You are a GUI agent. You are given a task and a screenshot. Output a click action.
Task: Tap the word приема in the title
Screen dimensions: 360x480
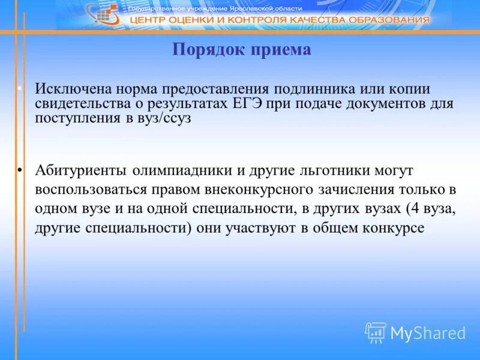pos(279,50)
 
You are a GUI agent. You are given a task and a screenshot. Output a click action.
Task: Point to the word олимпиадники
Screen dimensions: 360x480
pos(181,170)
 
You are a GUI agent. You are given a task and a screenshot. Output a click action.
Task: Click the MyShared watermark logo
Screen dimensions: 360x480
pos(415,332)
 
